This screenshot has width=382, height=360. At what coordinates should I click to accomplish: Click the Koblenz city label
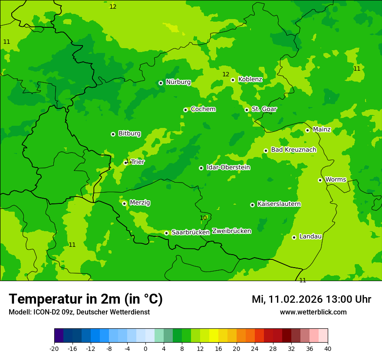coord(250,79)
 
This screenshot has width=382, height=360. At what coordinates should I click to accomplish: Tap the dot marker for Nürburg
coord(161,83)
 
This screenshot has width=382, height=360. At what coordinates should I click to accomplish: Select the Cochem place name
coord(203,109)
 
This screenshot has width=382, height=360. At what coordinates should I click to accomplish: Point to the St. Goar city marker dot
coord(247,110)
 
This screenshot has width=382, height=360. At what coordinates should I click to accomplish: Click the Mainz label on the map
coord(322,130)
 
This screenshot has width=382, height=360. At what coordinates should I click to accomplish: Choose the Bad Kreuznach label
coord(293,150)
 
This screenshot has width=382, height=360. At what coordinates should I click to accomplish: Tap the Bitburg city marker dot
coord(113,134)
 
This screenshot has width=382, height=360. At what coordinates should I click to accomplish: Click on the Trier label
coord(138,162)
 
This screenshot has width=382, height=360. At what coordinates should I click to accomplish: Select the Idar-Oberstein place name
coord(228,167)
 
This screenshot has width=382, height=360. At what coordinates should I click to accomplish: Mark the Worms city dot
coord(320,180)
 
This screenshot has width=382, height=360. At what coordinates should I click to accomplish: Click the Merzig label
coord(140,203)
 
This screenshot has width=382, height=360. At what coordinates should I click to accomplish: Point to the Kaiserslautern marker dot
coord(252,205)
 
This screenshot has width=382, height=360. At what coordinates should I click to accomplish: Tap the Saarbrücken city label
coord(191,232)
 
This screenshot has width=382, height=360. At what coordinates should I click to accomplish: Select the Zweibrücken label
coord(231,231)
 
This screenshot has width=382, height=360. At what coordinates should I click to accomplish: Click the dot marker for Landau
coord(294,237)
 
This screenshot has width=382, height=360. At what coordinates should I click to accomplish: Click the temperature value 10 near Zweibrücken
coord(203,218)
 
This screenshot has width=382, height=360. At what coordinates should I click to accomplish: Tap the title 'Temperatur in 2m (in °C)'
coord(86,299)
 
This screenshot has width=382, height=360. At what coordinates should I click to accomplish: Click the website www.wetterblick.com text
coord(313,312)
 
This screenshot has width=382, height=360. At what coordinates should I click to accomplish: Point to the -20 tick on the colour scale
coord(54,349)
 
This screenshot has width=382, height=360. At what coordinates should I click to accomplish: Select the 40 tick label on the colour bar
coord(328,349)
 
